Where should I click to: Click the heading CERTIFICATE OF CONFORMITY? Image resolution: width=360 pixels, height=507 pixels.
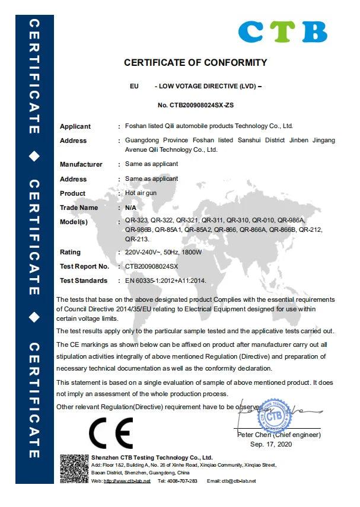[x=195, y=63]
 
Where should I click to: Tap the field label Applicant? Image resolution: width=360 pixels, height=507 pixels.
[x=75, y=126]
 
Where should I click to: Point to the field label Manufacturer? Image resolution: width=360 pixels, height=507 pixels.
[x=81, y=164]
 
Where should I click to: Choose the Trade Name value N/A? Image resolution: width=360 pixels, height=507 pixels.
[x=131, y=208]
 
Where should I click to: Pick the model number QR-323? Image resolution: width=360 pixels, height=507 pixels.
[x=136, y=221]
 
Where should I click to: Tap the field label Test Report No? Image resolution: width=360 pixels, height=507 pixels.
[x=84, y=266]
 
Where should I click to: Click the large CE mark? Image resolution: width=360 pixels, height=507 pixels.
[x=111, y=435]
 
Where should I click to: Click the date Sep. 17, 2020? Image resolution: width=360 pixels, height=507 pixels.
[x=272, y=444]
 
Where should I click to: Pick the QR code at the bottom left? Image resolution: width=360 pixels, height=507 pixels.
[x=74, y=468]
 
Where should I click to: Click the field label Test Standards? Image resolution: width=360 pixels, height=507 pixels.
[x=84, y=280]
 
